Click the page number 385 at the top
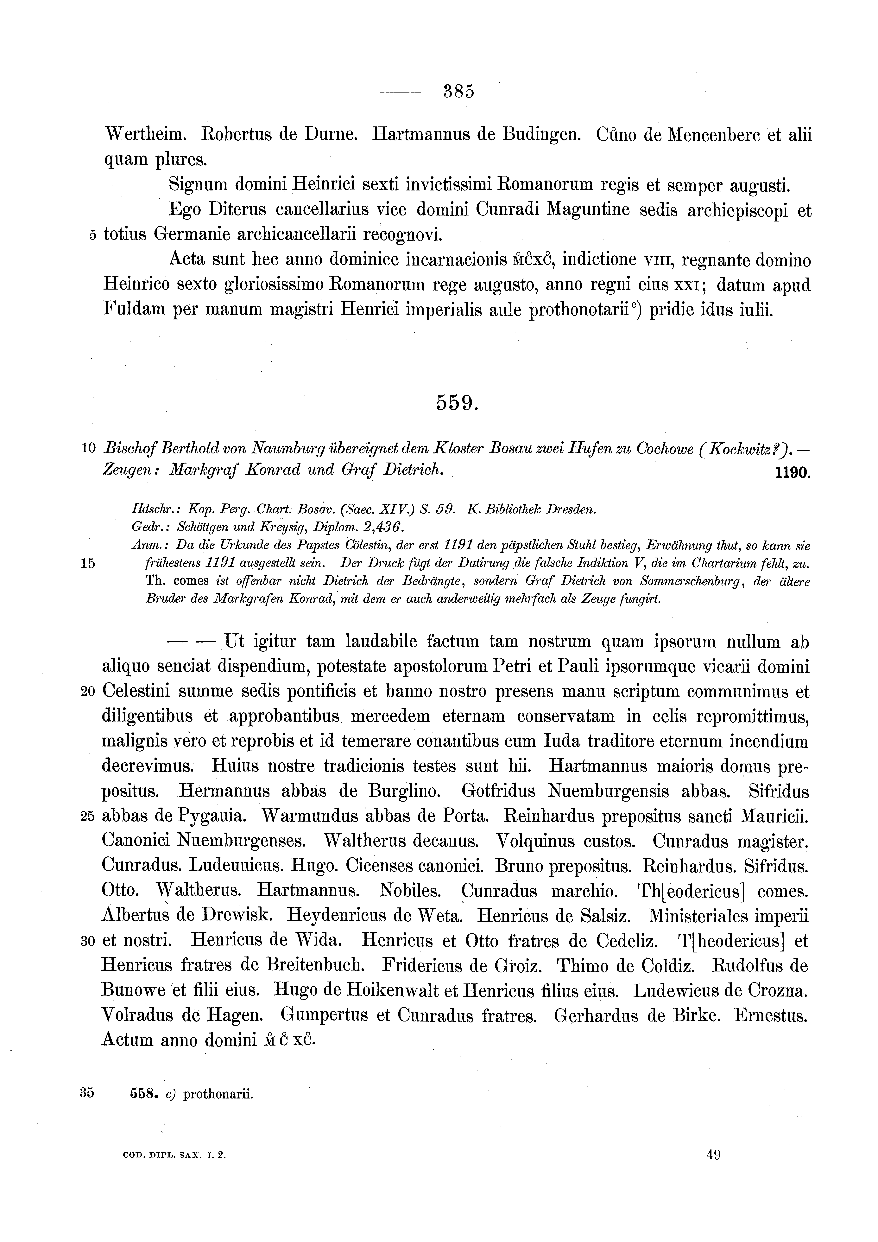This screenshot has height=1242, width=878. (x=458, y=91)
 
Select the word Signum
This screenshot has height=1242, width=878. (x=198, y=185)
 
